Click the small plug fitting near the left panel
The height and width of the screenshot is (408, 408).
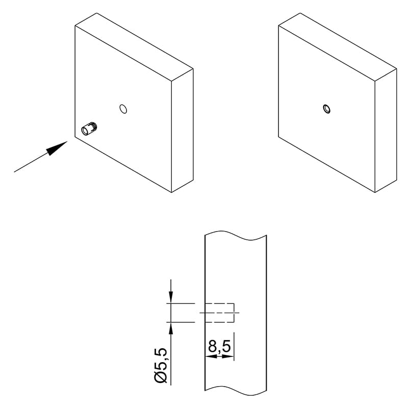coord(89,129)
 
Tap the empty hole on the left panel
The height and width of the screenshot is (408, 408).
coord(123,109)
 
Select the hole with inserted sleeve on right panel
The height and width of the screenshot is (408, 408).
coord(326,109)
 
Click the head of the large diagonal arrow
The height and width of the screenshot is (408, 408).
coord(57,148)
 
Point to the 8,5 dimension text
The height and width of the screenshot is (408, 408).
coord(220,346)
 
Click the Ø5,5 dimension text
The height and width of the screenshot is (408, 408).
coord(161,365)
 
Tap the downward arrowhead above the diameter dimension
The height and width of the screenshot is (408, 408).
coord(171,297)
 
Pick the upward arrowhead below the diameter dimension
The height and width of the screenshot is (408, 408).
coord(171,328)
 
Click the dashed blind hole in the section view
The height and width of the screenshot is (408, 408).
coord(220,313)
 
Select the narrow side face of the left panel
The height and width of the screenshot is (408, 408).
coord(183,131)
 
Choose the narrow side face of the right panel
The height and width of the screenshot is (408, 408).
coord(386,131)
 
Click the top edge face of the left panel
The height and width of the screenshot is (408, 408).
coord(134,47)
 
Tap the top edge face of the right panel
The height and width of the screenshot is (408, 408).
coord(338,47)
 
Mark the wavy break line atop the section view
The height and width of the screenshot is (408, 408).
coord(236,236)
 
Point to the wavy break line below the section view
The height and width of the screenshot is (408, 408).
coord(236,390)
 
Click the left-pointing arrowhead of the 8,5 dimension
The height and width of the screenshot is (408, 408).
coord(211,356)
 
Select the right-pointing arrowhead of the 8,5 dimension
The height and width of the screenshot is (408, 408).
coord(228,356)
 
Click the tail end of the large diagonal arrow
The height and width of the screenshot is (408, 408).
coord(14,172)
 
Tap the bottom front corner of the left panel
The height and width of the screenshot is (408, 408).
coord(171,193)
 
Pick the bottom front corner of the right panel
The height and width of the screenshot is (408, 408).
coord(375,193)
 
